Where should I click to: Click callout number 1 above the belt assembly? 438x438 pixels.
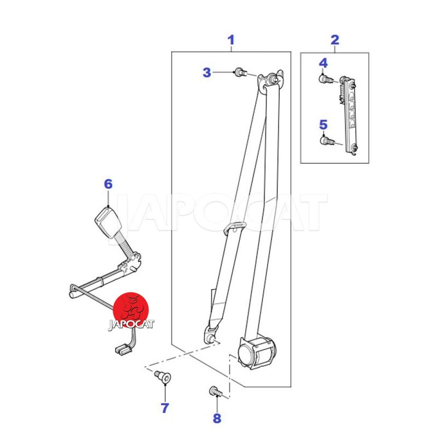[230, 40]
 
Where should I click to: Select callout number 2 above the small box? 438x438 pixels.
[335, 40]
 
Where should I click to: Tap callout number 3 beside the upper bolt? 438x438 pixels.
[207, 72]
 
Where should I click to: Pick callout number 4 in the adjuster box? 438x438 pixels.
[323, 63]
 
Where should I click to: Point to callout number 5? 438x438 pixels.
[323, 125]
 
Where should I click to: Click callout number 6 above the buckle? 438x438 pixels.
[108, 184]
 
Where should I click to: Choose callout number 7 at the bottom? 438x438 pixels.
[165, 408]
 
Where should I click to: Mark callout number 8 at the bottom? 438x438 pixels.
[217, 418]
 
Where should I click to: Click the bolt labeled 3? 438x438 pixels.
[241, 72]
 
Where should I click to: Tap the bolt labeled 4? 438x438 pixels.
[325, 79]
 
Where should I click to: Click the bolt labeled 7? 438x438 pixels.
[163, 377]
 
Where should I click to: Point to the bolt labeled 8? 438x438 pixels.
[216, 391]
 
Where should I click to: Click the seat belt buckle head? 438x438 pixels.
[108, 222]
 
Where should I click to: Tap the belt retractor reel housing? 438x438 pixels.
[256, 352]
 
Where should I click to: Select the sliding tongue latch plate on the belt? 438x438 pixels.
[235, 227]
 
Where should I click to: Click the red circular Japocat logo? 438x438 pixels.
[131, 310]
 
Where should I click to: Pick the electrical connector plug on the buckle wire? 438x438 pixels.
[123, 350]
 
